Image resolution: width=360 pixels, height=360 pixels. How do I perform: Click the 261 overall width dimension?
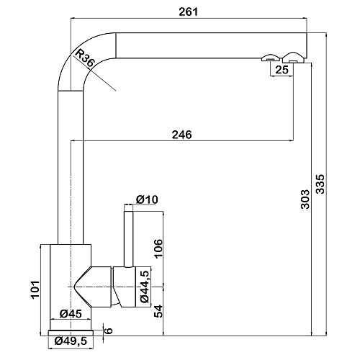(189, 12)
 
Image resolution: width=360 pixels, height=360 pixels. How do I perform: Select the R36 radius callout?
(84, 58)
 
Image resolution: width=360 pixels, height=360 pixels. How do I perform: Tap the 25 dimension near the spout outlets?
(282, 70)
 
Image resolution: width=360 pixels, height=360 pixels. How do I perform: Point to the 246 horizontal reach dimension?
(182, 135)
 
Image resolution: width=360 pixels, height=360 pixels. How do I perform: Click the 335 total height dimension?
(320, 184)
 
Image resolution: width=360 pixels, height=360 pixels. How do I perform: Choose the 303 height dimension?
(305, 199)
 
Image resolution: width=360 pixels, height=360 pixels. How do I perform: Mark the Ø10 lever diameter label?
(147, 199)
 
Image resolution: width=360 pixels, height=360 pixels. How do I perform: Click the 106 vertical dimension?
(158, 248)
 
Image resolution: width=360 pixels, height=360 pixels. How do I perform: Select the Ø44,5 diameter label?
(145, 286)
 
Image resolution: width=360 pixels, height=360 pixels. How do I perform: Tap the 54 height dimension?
(158, 311)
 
